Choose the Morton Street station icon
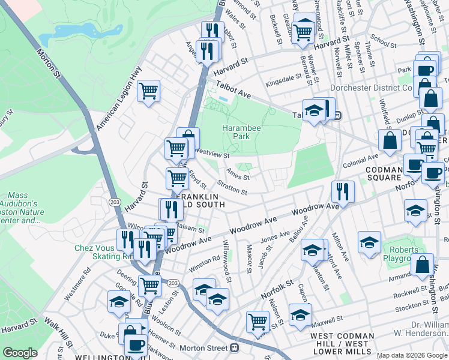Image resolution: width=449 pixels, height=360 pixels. tap(234, 348)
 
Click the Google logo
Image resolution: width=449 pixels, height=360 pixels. tap(20, 353)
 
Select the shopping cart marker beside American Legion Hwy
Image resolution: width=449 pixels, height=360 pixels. tap(148, 92)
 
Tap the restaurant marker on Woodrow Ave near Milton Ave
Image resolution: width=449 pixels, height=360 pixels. tap(343, 191)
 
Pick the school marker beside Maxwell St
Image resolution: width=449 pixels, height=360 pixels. tap(300, 314)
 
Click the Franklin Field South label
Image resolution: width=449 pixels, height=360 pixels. tap(200, 200)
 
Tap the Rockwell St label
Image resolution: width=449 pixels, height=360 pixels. tap(411, 294)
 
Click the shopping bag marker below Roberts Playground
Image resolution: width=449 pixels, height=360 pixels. tap(423, 264)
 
